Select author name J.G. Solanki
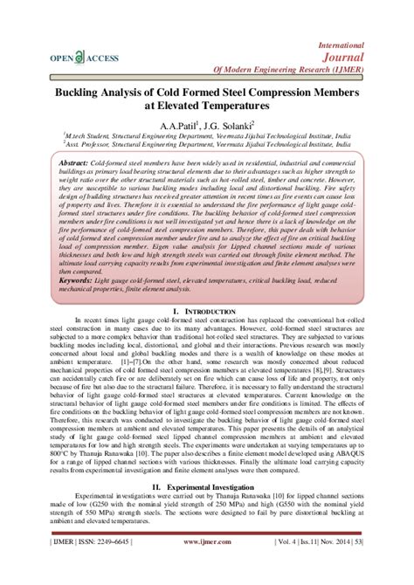(230, 124)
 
